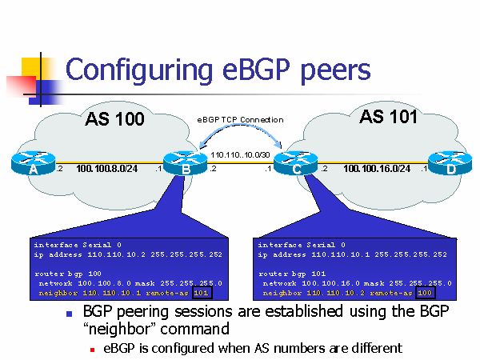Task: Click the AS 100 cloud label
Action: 114,120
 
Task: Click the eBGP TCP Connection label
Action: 240,120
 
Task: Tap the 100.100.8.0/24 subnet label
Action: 109,169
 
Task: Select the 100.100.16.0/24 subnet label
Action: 376,169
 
